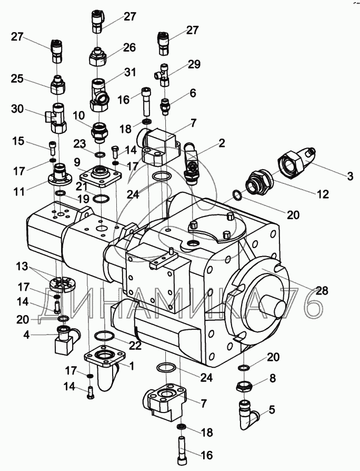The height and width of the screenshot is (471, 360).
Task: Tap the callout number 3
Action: click(x=350, y=176)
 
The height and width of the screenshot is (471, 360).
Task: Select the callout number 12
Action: click(x=323, y=194)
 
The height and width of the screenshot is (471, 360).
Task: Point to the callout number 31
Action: click(x=129, y=72)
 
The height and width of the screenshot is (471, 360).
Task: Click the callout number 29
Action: click(x=194, y=64)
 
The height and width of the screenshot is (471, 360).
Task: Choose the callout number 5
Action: click(x=272, y=410)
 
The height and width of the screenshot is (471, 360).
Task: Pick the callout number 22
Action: click(x=135, y=345)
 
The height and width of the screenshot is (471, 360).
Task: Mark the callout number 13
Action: click(x=22, y=267)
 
